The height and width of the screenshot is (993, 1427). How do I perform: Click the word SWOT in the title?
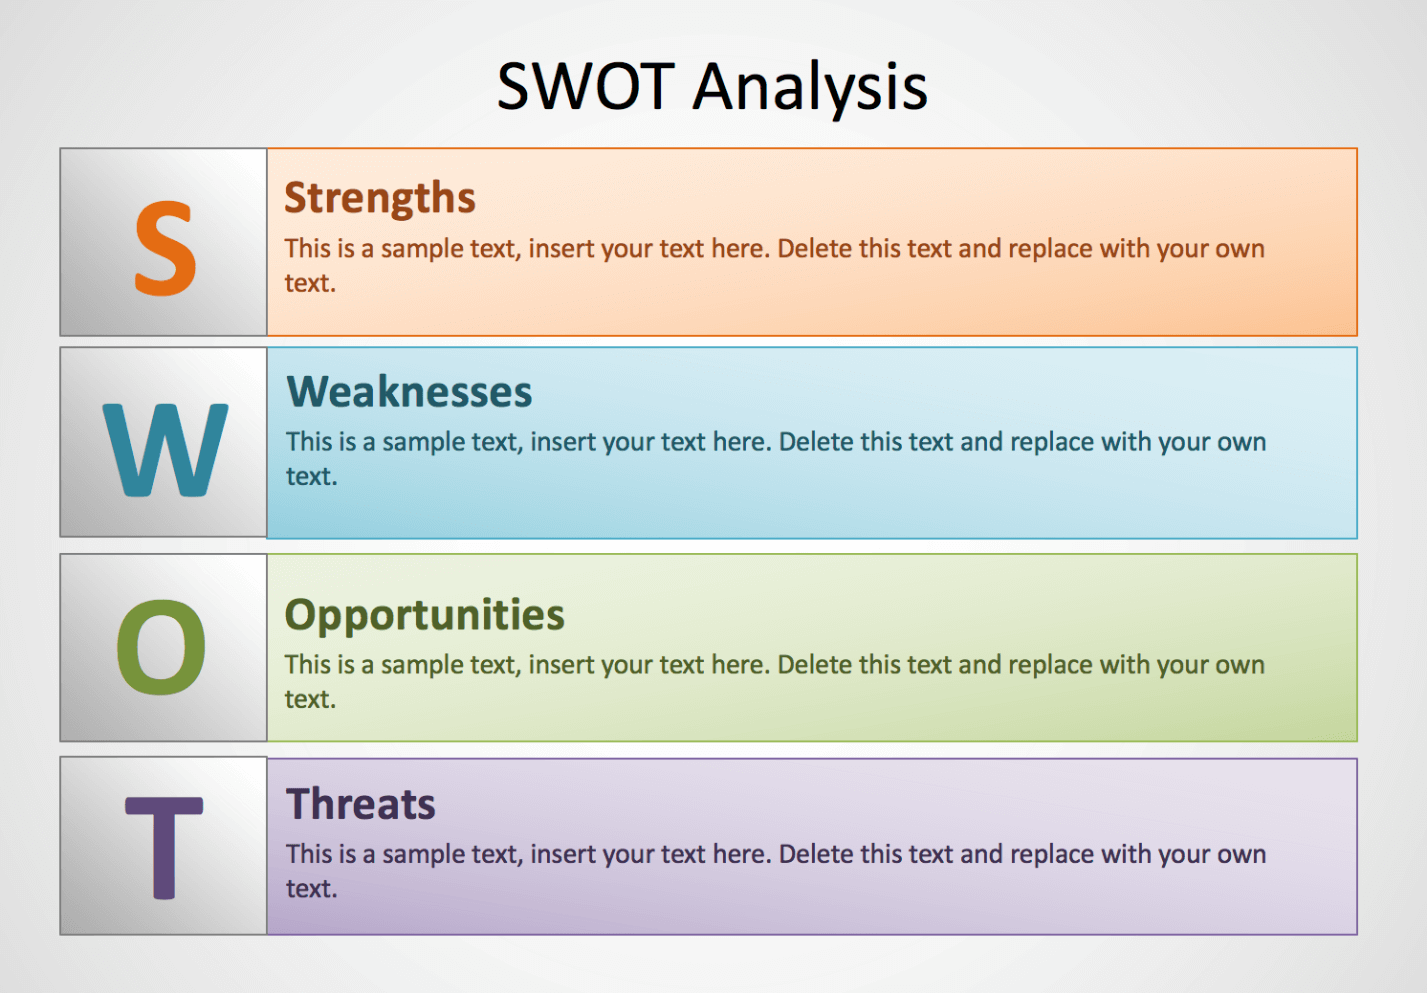coord(585,86)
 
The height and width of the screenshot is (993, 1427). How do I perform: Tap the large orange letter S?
coord(165,247)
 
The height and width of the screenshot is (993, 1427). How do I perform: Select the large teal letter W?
coord(165,449)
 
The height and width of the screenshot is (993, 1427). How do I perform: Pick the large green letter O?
coord(161,647)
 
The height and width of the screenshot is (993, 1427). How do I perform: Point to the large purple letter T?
coord(164,847)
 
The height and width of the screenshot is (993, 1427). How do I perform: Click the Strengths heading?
coord(380,198)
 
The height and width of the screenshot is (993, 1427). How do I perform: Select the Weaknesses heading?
coord(409,391)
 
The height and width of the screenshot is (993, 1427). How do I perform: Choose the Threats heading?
coord(361,803)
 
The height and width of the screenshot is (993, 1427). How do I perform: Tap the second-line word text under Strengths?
coord(310,283)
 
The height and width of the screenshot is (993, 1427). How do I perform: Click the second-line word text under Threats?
coord(312,889)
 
